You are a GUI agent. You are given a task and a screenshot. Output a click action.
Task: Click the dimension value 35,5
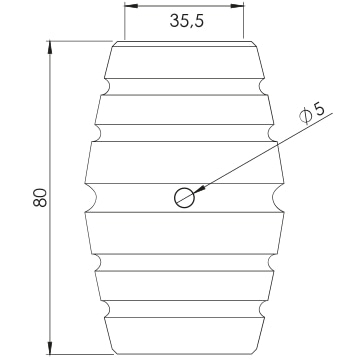click(186, 21)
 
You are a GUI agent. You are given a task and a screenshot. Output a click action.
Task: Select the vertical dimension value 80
click(40, 197)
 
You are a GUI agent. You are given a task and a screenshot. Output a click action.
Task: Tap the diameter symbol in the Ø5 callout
click(305, 116)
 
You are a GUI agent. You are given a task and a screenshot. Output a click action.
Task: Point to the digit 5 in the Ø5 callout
click(319, 109)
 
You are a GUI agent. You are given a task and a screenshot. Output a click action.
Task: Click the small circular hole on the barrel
click(184, 198)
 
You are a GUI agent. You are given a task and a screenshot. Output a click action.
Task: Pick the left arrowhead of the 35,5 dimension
click(131, 6)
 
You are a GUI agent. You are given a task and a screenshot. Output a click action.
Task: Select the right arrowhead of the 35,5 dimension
click(237, 6)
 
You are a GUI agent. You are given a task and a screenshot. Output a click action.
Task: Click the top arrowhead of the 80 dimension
click(50, 48)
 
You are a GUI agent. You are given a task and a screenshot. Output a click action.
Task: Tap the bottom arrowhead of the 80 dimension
click(50, 348)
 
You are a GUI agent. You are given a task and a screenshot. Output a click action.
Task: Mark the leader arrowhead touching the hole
click(198, 190)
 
